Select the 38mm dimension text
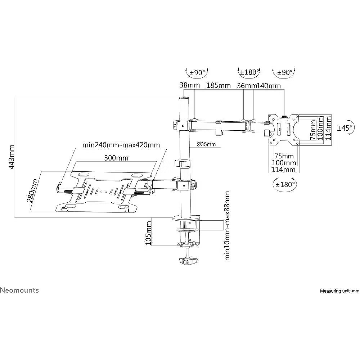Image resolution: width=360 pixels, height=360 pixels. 187,86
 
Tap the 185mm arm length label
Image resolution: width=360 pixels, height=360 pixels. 218,86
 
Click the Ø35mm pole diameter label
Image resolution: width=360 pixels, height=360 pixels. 206,145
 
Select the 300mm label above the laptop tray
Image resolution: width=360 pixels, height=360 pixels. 116,158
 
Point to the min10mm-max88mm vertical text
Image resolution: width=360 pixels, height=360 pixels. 227,226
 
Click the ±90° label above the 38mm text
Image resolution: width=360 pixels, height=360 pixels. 197,72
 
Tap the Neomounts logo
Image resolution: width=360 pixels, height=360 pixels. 19,290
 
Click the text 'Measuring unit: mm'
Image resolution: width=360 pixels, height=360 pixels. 339,291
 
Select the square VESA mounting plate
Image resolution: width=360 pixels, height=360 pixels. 284,129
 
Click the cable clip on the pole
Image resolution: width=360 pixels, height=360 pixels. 183,163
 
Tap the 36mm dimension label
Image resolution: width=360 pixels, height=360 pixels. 247,86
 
